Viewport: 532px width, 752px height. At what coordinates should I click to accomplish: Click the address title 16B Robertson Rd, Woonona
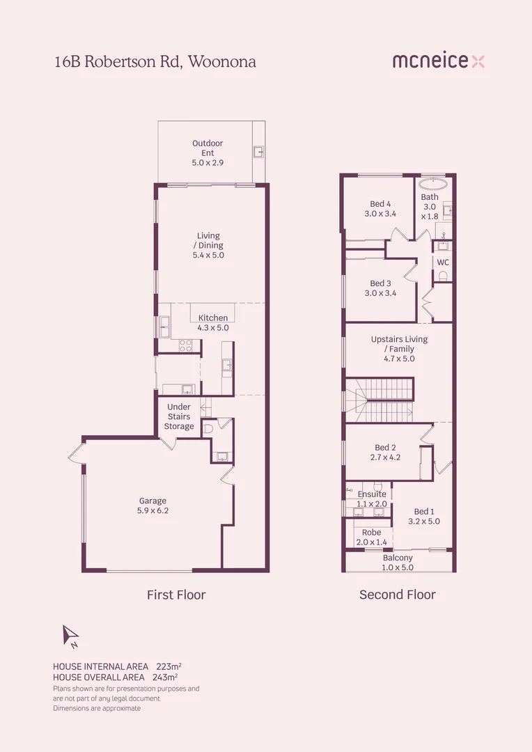coord(155,62)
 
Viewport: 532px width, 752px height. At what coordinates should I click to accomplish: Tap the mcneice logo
coord(438,61)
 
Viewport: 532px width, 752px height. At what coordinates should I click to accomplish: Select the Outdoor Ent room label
coord(208,152)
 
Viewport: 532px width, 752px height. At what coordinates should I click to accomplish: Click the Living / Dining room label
coord(208,246)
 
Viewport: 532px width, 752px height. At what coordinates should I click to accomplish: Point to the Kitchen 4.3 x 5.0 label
coord(213,322)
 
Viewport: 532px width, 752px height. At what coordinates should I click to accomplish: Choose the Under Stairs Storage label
coord(179,416)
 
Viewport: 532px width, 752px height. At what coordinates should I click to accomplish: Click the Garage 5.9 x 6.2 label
coord(152,506)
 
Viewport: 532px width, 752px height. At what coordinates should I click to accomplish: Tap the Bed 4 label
coord(380,209)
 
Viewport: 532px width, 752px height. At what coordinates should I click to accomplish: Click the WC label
coord(442,263)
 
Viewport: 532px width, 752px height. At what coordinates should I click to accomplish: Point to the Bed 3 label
coord(380,288)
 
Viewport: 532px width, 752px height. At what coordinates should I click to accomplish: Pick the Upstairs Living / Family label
coord(399,349)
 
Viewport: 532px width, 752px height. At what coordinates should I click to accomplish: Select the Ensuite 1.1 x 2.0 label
coord(372,499)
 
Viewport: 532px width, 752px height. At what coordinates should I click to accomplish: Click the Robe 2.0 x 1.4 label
coord(371,537)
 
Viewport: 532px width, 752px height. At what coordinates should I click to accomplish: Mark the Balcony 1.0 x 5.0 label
coord(398,563)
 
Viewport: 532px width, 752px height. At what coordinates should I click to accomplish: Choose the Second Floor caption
coord(397,595)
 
